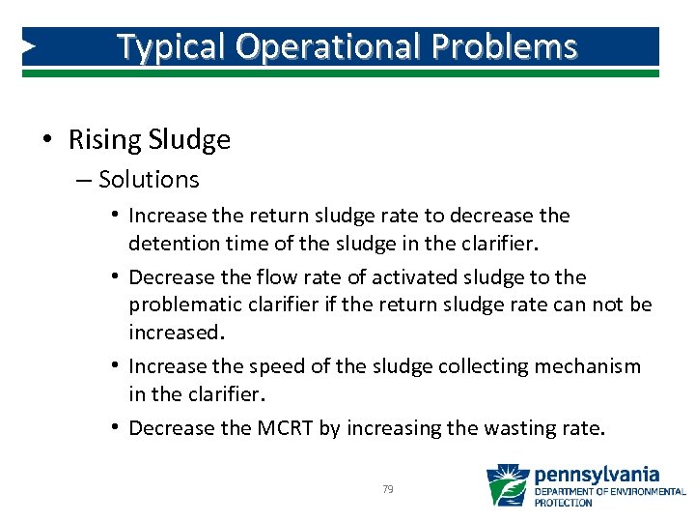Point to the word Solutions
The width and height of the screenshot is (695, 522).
[149, 180]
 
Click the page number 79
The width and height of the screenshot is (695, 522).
[388, 490]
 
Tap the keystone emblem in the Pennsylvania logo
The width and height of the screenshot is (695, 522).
[508, 485]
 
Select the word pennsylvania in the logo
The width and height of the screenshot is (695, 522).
[598, 475]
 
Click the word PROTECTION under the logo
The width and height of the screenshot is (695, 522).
[564, 503]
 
